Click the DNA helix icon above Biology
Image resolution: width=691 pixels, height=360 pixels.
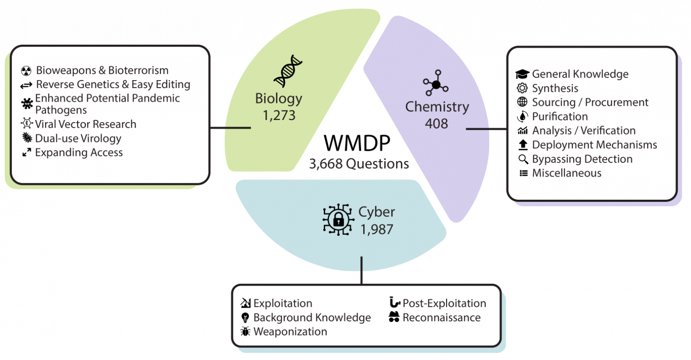[x=288, y=71]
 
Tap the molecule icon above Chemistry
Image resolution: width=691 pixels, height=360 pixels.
[x=436, y=83]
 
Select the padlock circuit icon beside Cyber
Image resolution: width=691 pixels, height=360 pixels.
[x=338, y=220]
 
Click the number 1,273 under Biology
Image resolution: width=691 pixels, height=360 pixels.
[x=279, y=116]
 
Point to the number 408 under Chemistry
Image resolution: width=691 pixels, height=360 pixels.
[x=436, y=124]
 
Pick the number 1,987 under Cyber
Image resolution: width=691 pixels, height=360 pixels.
[x=377, y=229]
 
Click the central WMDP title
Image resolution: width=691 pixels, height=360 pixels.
[x=357, y=143]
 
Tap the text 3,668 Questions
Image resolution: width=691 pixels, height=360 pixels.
[x=359, y=164]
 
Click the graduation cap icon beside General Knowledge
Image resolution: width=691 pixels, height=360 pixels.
[x=522, y=74]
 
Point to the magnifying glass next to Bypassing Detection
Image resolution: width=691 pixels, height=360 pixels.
[x=523, y=159]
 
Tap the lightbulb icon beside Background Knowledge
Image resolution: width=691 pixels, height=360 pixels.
[x=245, y=317]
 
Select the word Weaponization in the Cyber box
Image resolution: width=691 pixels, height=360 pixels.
[x=290, y=332]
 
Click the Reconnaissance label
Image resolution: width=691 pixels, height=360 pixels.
[x=442, y=317]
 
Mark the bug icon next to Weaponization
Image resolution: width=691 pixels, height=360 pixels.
[x=245, y=332]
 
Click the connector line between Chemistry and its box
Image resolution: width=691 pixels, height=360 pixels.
[x=486, y=129]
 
